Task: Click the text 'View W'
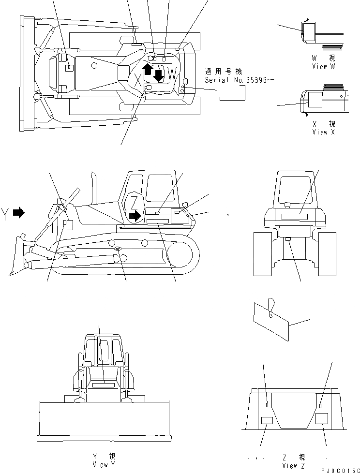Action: pyautogui.click(x=323, y=66)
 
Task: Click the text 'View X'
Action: pyautogui.click(x=323, y=132)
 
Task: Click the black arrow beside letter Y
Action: pyautogui.click(x=19, y=212)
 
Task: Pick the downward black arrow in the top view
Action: pyautogui.click(x=158, y=75)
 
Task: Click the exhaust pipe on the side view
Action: pyautogui.click(x=93, y=186)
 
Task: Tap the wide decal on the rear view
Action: pyautogui.click(x=290, y=218)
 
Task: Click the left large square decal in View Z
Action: pyautogui.click(x=267, y=421)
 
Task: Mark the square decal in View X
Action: pyautogui.click(x=315, y=100)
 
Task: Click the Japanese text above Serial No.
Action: pyautogui.click(x=225, y=71)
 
